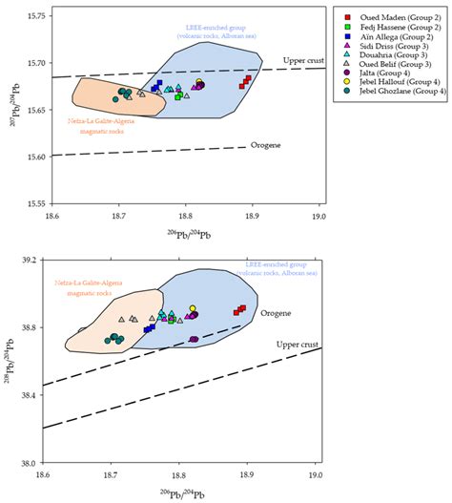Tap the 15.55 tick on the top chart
pos(29,203)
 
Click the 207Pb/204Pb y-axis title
pos(9,109)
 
